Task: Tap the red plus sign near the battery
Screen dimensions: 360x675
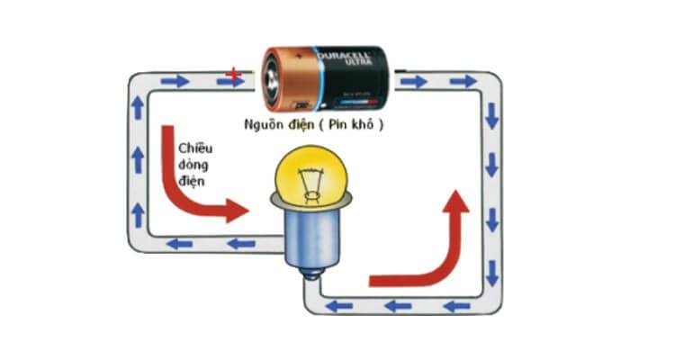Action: tap(234, 73)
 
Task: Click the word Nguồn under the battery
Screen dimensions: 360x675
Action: tap(266, 124)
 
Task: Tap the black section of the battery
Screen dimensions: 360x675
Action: tap(360, 85)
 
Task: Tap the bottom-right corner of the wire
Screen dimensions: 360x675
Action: tap(492, 305)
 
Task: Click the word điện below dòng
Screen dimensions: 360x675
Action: tap(192, 182)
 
